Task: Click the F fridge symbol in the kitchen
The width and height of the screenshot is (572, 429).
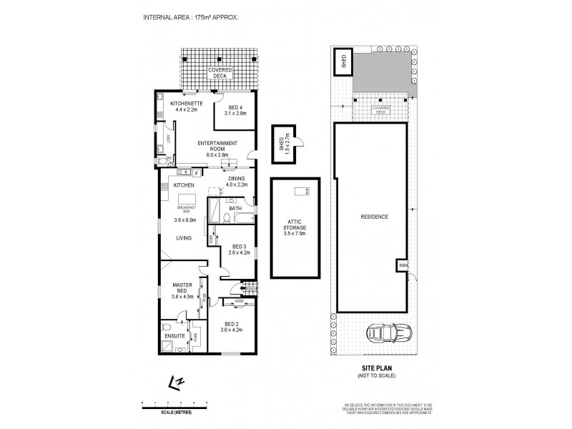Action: pos(195,172)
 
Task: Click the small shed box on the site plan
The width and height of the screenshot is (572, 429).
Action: pos(342,61)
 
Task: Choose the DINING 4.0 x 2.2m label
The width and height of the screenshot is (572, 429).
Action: pos(237,182)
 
